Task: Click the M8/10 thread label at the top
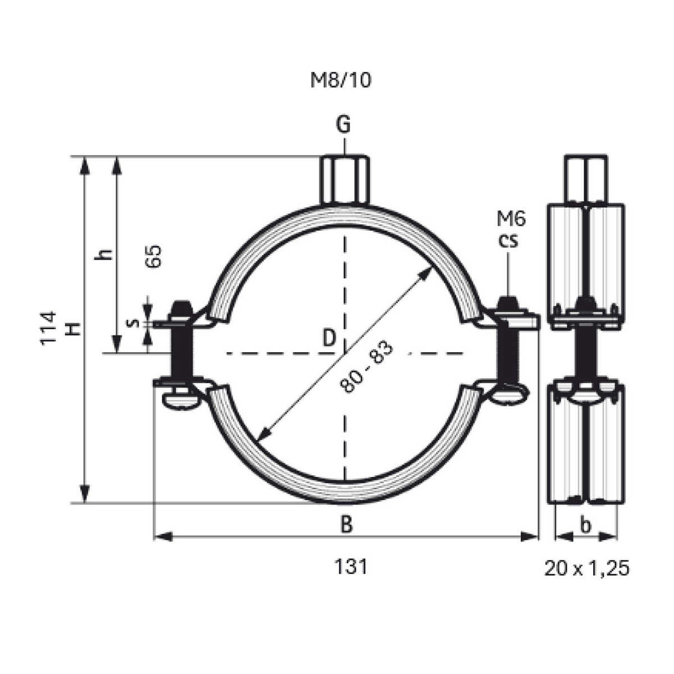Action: (341, 80)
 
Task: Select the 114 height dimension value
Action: (49, 328)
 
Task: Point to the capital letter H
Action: (74, 329)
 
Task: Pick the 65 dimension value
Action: (154, 256)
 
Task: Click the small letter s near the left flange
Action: (133, 322)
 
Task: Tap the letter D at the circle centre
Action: (329, 338)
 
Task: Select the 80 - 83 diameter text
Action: (367, 367)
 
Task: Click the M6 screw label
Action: (511, 219)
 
